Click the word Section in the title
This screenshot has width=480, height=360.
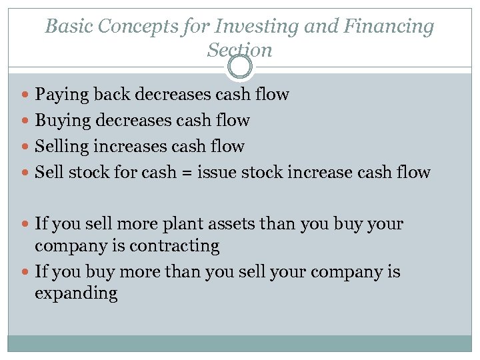pyautogui.click(x=239, y=49)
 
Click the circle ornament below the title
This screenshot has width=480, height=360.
pyautogui.click(x=239, y=67)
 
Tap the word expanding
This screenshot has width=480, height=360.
pyautogui.click(x=76, y=294)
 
